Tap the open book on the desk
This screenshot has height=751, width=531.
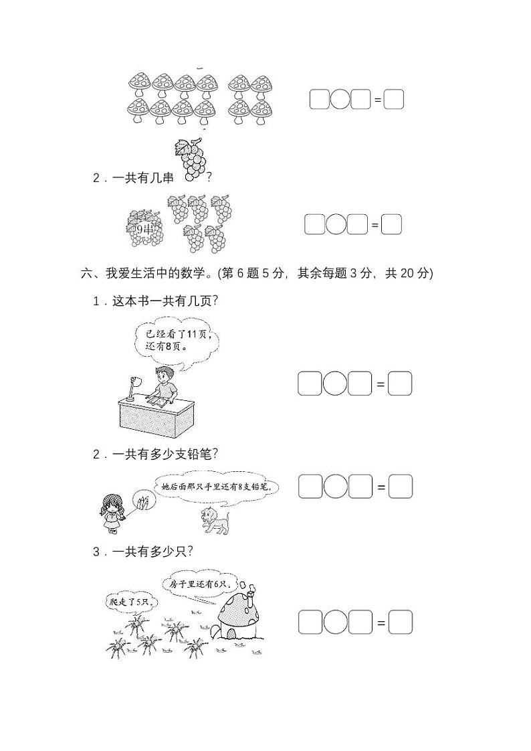pyautogui.click(x=158, y=402)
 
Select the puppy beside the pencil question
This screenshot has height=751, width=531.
pyautogui.click(x=215, y=520)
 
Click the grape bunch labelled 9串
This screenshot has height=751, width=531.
pyautogui.click(x=143, y=229)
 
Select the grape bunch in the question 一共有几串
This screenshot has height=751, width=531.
pyautogui.click(x=192, y=159)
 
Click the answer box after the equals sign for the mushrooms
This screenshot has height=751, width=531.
pyautogui.click(x=394, y=100)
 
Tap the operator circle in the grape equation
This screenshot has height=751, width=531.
pyautogui.click(x=336, y=224)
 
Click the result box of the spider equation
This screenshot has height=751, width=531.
pyautogui.click(x=400, y=622)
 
